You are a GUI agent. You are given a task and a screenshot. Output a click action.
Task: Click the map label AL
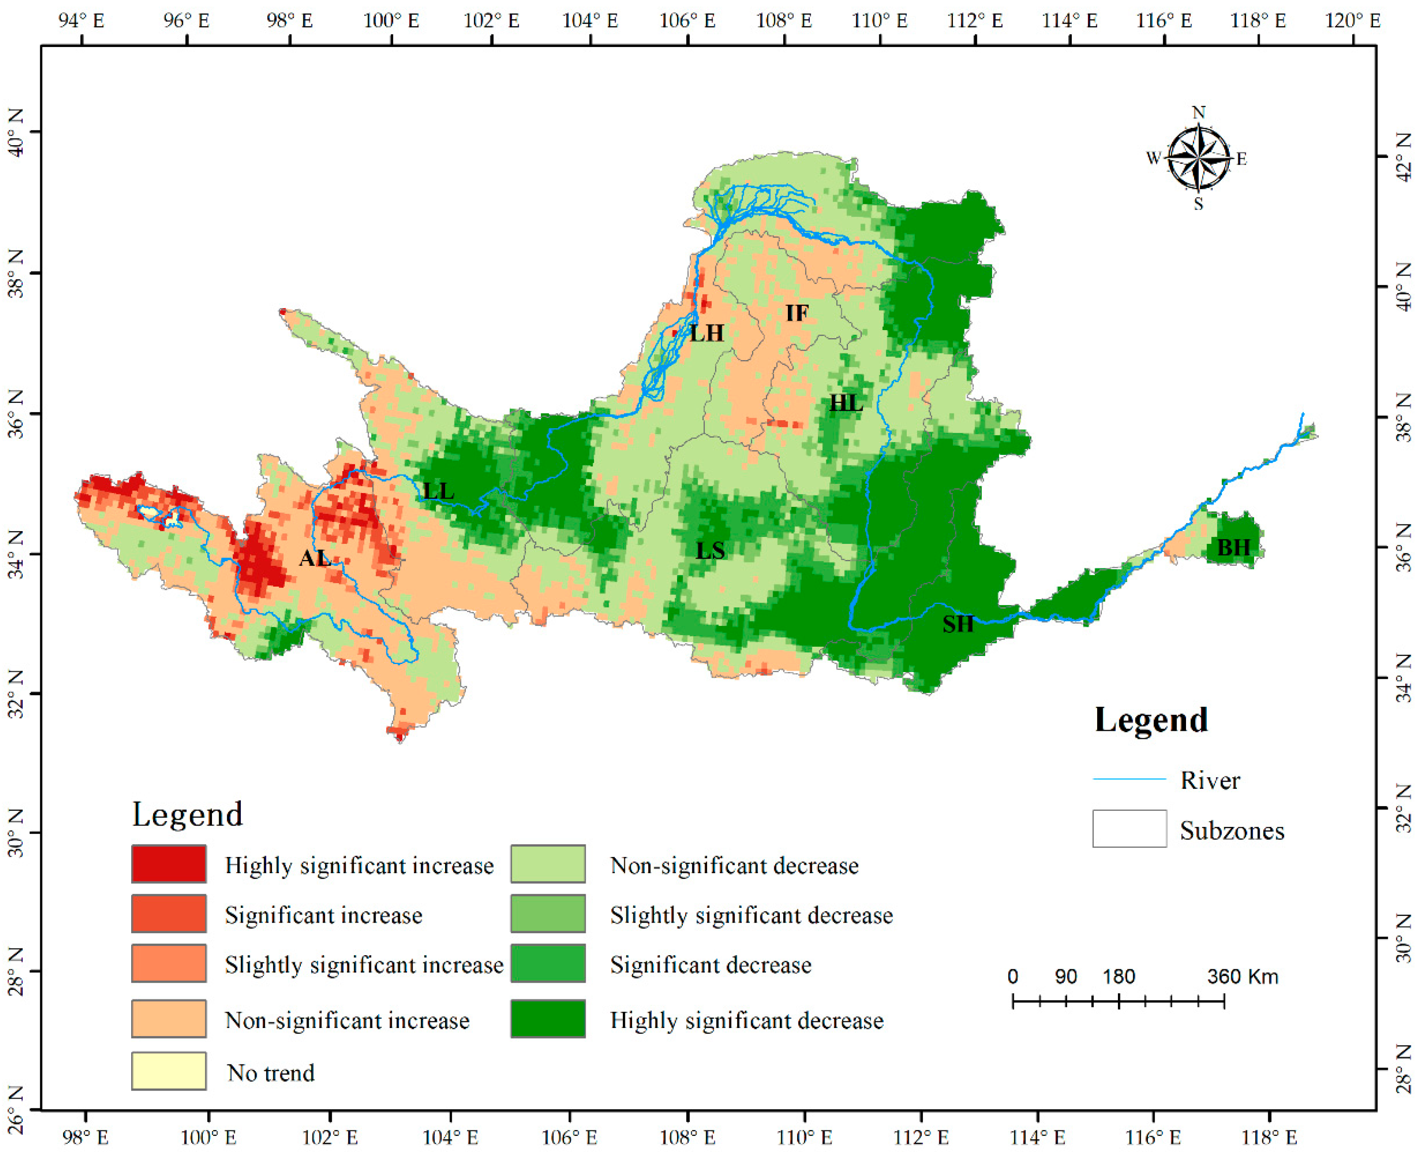pyautogui.click(x=314, y=558)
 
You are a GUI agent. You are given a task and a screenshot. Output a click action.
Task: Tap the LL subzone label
pyautogui.click(x=439, y=491)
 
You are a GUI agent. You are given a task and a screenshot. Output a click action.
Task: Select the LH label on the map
pyautogui.click(x=706, y=333)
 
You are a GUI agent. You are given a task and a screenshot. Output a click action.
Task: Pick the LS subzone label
pyautogui.click(x=710, y=550)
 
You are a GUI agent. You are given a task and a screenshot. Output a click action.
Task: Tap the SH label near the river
pyautogui.click(x=958, y=624)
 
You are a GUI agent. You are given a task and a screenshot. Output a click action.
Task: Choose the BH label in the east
pyautogui.click(x=1233, y=548)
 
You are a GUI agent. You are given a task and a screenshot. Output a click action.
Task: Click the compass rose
pyautogui.click(x=1198, y=158)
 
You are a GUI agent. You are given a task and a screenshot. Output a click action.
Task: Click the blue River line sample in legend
pyautogui.click(x=1129, y=780)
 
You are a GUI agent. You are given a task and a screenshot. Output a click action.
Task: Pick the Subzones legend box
pyautogui.click(x=1129, y=829)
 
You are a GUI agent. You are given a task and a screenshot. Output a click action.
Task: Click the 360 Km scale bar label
pyautogui.click(x=1242, y=977)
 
